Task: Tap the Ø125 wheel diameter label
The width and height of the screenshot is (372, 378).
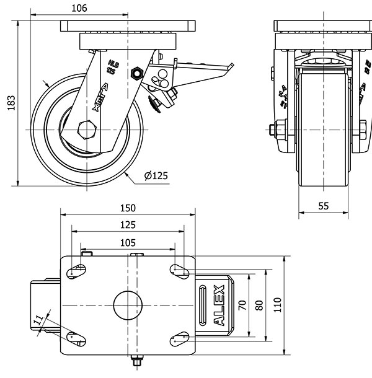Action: click(156, 176)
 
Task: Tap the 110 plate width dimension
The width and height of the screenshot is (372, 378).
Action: click(277, 304)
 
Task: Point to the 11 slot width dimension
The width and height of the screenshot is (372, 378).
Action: click(38, 320)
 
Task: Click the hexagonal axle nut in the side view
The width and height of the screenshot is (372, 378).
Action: click(86, 130)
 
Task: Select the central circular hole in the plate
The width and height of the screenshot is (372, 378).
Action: click(128, 304)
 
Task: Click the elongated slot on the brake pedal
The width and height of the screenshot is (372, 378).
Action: click(203, 304)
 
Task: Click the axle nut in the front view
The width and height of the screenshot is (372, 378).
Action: click(277, 130)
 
